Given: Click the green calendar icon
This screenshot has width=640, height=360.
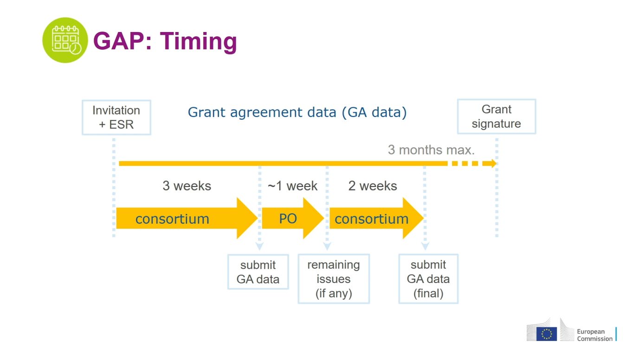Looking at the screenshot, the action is point(65,40).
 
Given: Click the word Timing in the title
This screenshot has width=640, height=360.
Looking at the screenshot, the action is point(199,42).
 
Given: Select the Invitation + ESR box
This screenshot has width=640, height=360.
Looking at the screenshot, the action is point(116,117).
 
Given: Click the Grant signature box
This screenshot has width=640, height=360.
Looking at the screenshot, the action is point(497,116).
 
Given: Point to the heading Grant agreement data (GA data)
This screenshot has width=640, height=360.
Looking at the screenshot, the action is point(297,112).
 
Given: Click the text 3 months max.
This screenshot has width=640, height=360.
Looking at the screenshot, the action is point(431,150).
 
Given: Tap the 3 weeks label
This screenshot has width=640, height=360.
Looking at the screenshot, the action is point(187,186).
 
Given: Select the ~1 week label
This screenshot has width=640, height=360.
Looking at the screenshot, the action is point(292,186).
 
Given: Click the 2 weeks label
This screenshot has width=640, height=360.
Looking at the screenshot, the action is point(373,186).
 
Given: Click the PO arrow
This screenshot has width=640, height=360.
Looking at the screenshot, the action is point(293,219).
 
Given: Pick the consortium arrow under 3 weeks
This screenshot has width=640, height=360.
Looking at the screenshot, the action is point(187,219).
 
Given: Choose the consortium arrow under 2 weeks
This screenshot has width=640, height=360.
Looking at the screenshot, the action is point(376,219).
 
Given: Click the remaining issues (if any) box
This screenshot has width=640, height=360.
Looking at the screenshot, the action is point(334,279).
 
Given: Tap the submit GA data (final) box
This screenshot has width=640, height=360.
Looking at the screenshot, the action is point(428,279).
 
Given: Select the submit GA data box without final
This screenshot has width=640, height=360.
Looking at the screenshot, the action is point(258,272).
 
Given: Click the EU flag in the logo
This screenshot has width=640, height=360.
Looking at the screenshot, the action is point(547,334).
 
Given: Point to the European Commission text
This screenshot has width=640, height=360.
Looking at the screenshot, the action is point(595,335).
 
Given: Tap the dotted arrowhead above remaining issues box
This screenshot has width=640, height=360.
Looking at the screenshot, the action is point(327,246).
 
